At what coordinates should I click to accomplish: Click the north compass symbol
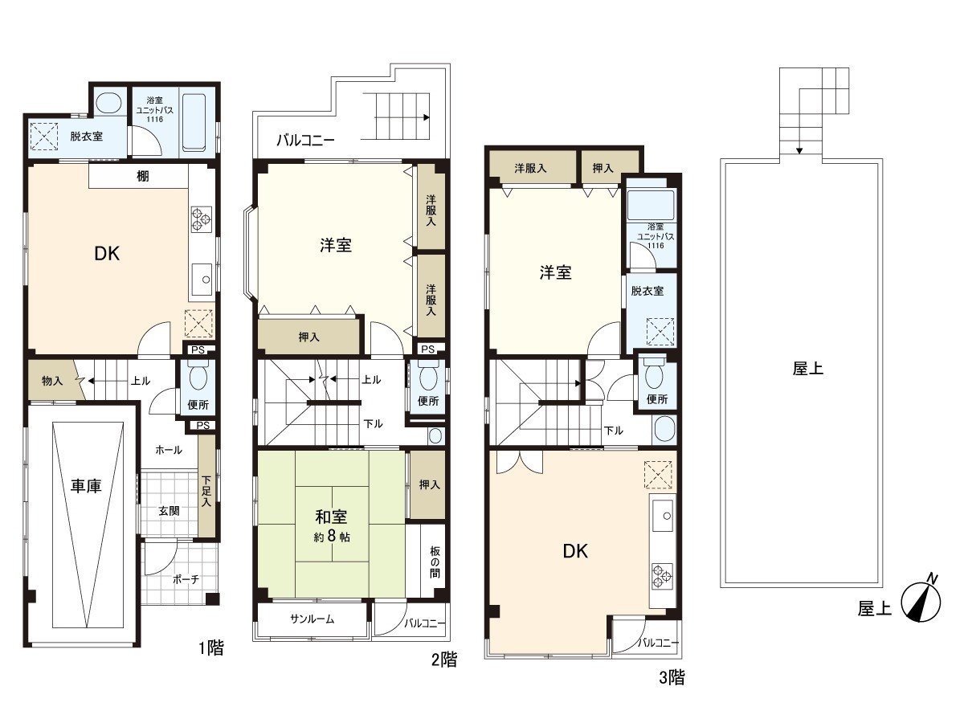921,603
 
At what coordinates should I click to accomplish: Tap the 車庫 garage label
86,486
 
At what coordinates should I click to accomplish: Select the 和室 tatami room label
331,517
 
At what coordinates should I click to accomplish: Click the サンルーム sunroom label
312,619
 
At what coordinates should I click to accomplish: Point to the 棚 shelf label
143,176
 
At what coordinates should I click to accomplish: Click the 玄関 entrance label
169,511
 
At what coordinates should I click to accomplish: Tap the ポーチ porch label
186,579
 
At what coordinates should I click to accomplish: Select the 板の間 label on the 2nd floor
435,562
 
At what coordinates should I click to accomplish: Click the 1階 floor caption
211,648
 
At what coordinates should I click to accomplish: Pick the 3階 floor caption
672,677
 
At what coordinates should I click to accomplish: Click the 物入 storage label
52,381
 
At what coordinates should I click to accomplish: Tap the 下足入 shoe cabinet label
206,492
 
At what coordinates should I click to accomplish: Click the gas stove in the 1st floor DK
202,219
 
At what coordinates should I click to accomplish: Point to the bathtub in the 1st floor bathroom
194,122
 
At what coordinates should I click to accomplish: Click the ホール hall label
169,450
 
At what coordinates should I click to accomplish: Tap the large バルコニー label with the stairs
305,141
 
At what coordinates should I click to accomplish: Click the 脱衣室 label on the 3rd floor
647,291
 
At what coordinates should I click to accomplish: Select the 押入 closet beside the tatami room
429,484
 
